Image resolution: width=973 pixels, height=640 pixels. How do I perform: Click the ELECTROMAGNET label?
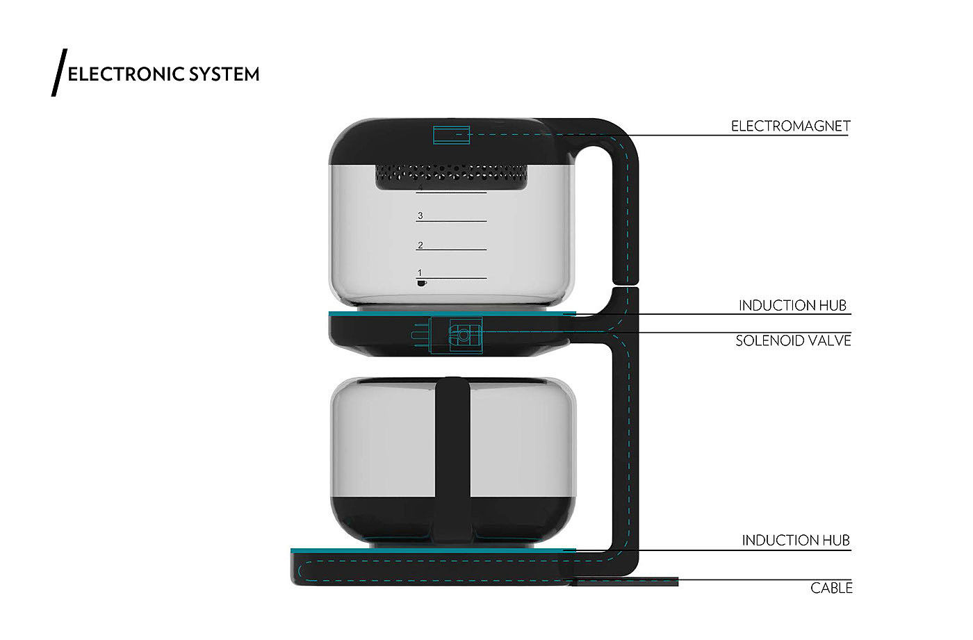[790, 126]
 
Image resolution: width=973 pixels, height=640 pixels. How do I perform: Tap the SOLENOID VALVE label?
[793, 340]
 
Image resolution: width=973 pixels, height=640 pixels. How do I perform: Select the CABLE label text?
[831, 588]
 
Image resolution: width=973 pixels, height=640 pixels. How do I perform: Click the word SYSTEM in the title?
[224, 74]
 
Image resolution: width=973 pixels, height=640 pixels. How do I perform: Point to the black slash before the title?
[59, 72]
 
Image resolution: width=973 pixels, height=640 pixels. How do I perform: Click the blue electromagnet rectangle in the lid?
[451, 134]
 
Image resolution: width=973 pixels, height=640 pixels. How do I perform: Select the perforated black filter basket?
[451, 176]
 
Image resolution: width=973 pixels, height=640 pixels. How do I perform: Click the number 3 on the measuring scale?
[420, 216]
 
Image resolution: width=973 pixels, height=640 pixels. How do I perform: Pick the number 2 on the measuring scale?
[420, 245]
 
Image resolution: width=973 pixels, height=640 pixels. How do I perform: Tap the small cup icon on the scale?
[421, 283]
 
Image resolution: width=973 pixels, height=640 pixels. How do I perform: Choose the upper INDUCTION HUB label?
[792, 305]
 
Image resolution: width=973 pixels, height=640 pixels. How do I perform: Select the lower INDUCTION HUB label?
[795, 540]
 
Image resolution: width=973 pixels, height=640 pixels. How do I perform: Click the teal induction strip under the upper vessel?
[452, 313]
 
